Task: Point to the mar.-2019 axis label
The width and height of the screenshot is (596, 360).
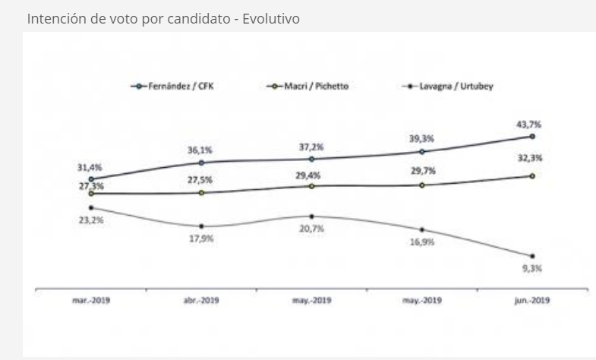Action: pos(91,300)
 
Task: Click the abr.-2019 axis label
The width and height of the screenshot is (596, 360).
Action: pos(201,300)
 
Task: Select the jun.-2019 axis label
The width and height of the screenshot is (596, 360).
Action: pos(531,300)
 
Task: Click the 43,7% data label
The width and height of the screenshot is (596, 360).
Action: pos(531,123)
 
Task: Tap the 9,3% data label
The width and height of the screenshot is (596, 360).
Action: pos(531,268)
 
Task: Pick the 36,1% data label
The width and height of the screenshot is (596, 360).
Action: pos(200,150)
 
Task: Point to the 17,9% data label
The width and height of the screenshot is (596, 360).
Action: pos(200,238)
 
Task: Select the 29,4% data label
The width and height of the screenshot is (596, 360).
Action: pos(311,174)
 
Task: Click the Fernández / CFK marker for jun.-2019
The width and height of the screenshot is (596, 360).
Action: pos(532,136)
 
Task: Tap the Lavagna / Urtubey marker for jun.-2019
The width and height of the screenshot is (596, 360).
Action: pos(532,256)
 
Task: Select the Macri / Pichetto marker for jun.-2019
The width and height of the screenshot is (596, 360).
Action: pos(532,176)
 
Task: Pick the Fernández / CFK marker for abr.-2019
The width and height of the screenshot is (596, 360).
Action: pos(201,163)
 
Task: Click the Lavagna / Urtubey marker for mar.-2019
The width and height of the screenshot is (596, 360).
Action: pos(91,207)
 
